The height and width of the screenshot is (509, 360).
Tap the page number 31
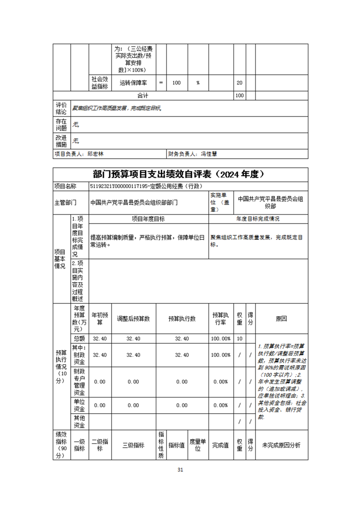(x=180, y=470)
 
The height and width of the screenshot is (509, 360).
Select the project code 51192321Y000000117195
(x=117, y=186)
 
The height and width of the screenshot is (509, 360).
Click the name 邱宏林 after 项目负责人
(x=96, y=154)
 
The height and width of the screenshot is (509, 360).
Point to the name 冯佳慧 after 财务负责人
(x=209, y=154)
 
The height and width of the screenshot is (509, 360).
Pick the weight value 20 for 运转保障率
(x=239, y=83)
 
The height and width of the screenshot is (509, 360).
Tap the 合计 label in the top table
(x=143, y=96)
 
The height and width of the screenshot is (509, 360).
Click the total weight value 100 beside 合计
(x=239, y=96)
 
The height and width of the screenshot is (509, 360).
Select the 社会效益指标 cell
(x=99, y=83)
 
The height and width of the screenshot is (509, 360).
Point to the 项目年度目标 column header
(x=148, y=219)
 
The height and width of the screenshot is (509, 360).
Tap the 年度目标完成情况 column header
(x=258, y=219)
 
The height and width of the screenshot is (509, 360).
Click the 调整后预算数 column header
(x=133, y=319)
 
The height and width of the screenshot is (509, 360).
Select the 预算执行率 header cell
(x=221, y=319)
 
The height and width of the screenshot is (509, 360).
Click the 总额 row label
(x=79, y=339)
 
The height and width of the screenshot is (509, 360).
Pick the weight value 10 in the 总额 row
(x=239, y=339)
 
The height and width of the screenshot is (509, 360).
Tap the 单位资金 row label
(x=79, y=405)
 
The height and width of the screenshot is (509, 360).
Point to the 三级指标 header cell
(x=133, y=445)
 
